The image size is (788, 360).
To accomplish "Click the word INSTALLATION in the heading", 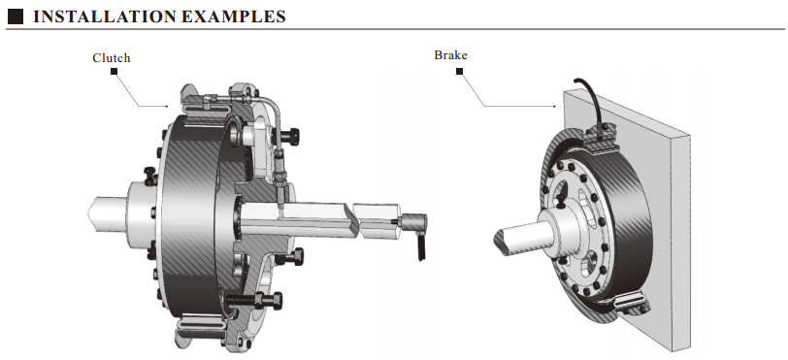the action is pos(103,16).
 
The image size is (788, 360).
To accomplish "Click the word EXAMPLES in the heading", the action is pos(233,16).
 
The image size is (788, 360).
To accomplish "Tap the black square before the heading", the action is pos(16,16).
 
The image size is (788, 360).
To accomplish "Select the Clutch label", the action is pos(111,58).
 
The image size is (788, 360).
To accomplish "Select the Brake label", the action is pos(450,54).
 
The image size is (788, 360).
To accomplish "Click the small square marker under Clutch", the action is pos(115,72).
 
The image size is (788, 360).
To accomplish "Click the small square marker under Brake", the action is pos(459,72).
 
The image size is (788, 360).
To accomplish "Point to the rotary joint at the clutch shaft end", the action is pos(413,222).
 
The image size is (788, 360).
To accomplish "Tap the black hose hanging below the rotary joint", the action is pos(421,246).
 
